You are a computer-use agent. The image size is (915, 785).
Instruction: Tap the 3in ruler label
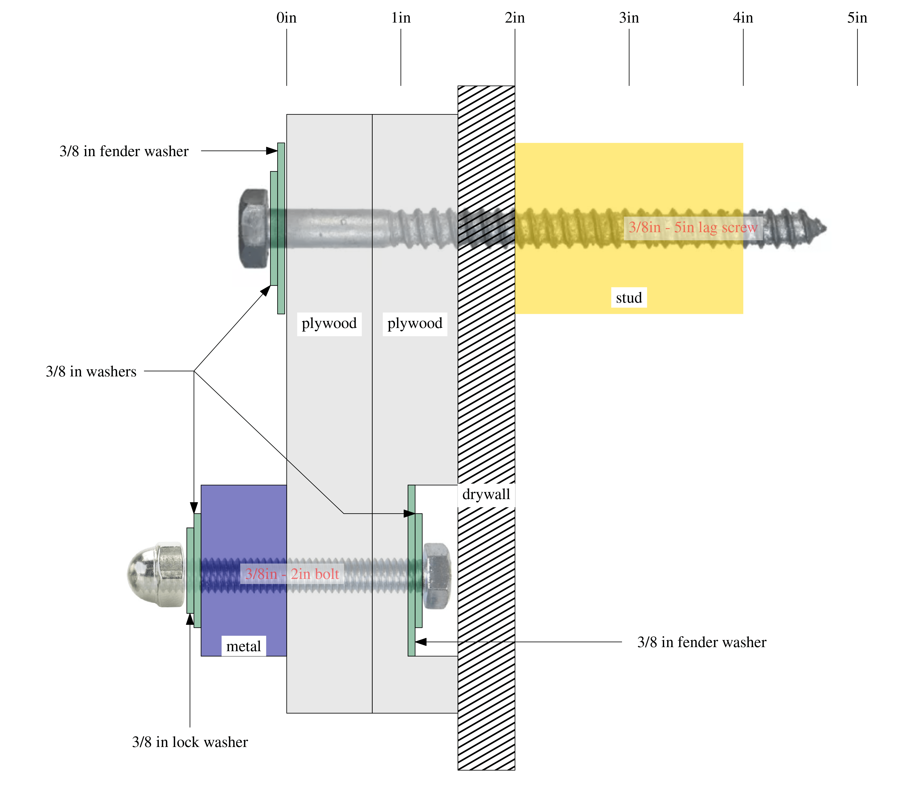629,18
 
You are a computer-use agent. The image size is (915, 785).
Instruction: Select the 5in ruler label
857,18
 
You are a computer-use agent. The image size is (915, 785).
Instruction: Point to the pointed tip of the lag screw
824,229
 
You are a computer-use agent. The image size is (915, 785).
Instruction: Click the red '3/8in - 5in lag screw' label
693,228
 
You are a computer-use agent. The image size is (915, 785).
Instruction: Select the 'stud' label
629,298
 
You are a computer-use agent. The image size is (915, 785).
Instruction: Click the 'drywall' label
486,494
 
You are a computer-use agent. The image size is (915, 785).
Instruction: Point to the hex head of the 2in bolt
437,576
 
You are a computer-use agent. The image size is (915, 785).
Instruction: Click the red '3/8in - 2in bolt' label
292,574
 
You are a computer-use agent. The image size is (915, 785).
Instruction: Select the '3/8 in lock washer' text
190,742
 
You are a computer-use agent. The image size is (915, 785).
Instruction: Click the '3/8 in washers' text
91,372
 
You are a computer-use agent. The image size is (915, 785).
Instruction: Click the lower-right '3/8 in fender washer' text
702,643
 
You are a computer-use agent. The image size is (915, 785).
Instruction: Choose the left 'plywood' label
329,323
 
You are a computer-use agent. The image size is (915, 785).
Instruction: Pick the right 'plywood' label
415,323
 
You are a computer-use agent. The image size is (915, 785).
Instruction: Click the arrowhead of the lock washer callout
190,619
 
